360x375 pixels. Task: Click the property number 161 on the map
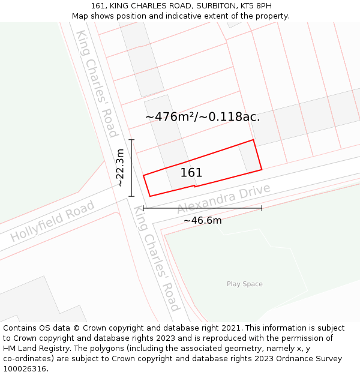(x=191, y=173)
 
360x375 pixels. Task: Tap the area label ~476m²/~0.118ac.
(x=203, y=116)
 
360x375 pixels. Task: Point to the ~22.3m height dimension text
(x=120, y=168)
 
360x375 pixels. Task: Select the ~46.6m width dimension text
(x=202, y=220)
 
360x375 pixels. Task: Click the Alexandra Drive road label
(x=223, y=199)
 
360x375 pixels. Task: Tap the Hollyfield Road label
(x=52, y=221)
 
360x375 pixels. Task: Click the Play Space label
(x=245, y=284)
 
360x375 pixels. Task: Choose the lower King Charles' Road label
(x=157, y=258)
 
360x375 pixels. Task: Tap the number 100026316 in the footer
(x=25, y=369)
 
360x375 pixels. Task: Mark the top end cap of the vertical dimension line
(x=132, y=140)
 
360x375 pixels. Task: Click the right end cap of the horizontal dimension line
(x=262, y=208)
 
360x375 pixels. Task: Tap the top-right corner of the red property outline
(x=253, y=140)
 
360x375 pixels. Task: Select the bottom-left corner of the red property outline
(x=150, y=196)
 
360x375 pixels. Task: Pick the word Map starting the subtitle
(x=80, y=16)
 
